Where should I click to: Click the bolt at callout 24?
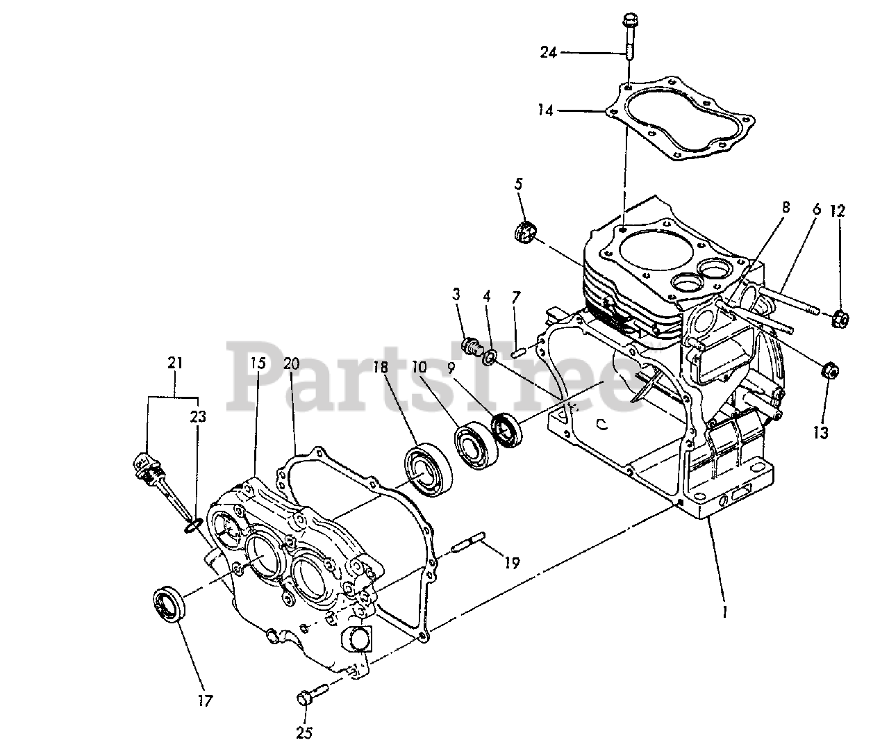coord(628,35)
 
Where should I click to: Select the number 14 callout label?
coord(545,110)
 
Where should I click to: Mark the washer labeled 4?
coord(489,357)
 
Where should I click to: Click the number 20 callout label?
coord(291,363)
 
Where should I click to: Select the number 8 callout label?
coord(786,206)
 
